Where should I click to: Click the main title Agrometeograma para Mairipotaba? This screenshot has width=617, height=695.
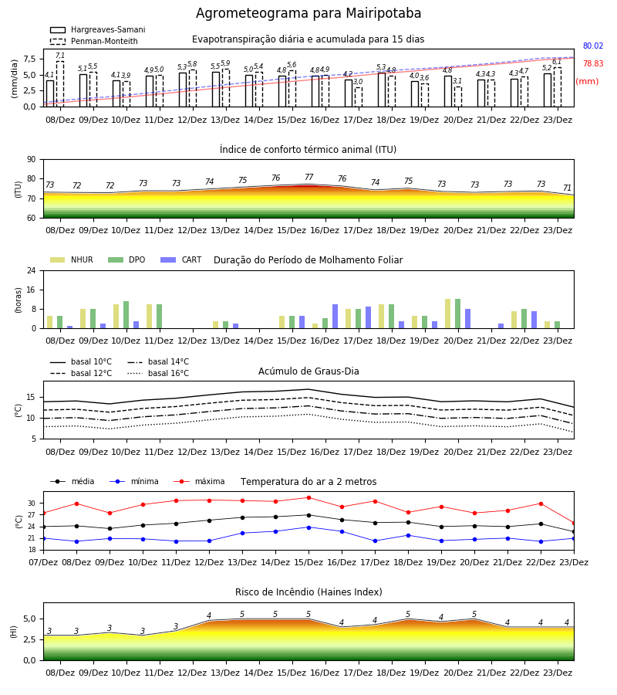(x=308, y=13)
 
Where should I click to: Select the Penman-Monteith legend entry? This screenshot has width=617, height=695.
(x=94, y=41)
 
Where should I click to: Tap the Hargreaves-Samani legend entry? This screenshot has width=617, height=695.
(x=97, y=29)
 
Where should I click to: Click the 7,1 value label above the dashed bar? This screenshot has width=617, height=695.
(x=60, y=56)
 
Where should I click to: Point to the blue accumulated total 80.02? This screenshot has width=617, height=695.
(x=593, y=46)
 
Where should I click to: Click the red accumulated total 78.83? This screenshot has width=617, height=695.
(x=593, y=63)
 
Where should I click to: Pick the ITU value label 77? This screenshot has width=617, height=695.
(x=309, y=177)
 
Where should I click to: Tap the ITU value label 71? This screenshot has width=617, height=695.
(x=567, y=188)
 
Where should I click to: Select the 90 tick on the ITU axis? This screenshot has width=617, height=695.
(x=31, y=160)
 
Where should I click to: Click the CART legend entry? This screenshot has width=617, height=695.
(x=181, y=259)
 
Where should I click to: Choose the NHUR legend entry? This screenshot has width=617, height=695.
(x=72, y=259)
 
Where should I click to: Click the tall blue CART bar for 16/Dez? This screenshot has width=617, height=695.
(x=335, y=317)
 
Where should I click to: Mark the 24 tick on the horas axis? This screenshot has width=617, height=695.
(x=32, y=270)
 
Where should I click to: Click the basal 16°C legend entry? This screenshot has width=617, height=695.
(x=158, y=373)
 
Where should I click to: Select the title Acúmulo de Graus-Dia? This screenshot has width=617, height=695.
(x=308, y=371)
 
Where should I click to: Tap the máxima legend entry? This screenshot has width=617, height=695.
(x=200, y=481)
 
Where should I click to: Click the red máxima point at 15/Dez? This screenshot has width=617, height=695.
(x=309, y=498)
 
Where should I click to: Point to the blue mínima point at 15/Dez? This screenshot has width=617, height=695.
(x=309, y=527)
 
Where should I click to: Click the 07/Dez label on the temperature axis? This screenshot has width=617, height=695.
(x=43, y=562)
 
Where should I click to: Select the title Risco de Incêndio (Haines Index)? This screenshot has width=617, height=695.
(x=308, y=592)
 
